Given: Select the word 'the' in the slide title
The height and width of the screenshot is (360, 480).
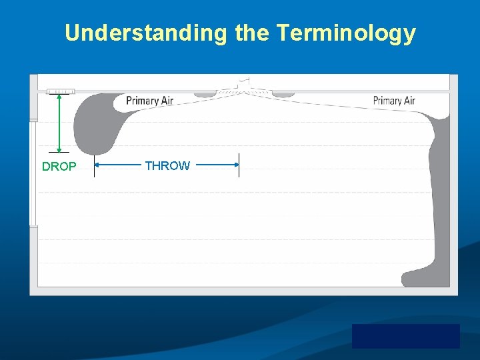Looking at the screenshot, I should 253,33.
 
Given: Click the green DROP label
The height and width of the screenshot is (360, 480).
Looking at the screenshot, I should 59,167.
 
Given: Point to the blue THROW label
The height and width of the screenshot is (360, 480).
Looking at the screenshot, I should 167,166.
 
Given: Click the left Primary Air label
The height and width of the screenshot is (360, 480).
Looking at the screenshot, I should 150,101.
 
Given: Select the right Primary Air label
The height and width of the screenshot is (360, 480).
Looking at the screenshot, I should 394,101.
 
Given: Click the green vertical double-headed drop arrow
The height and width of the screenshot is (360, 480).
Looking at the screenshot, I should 59,124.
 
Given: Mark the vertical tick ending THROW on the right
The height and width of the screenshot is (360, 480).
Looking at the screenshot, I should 239,165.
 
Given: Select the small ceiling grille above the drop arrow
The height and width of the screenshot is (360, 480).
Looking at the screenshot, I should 60,91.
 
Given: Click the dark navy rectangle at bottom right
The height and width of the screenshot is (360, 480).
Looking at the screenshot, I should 405,336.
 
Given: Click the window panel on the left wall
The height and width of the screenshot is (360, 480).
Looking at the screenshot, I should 33,173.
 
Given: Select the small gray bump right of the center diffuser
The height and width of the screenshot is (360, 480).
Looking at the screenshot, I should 283,95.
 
